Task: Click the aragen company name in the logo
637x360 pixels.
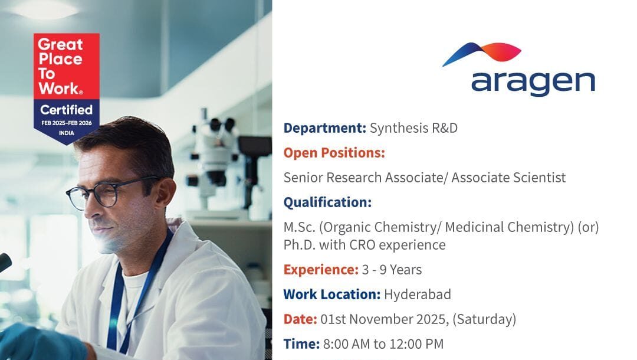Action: (533, 83)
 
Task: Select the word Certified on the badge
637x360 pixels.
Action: (66, 110)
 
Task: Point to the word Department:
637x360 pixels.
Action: (324, 128)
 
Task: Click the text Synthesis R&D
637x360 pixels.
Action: (413, 128)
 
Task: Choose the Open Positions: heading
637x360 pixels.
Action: (334, 153)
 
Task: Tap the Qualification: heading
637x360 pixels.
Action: (327, 202)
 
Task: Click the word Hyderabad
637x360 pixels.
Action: (418, 294)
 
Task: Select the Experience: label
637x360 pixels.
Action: (321, 270)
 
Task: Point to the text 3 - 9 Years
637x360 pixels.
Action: (392, 270)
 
